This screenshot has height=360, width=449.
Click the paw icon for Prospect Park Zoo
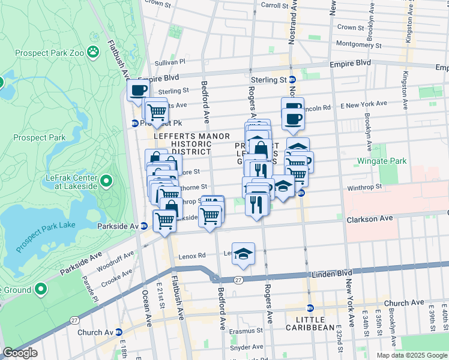pyautogui.click(x=93, y=52)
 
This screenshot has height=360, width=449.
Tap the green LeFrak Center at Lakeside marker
pyautogui.click(x=106, y=180)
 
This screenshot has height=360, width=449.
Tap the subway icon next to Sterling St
pyautogui.click(x=292, y=80)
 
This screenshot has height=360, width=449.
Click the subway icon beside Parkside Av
pyautogui.click(x=144, y=226)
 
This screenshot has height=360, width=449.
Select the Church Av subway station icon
pyautogui.click(x=118, y=332)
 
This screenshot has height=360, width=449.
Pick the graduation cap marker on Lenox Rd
pyautogui.click(x=243, y=254)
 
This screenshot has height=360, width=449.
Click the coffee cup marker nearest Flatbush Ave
pyautogui.click(x=138, y=91)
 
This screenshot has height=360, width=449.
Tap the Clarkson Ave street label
pyautogui.click(x=369, y=220)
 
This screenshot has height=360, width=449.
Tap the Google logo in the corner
pyautogui.click(x=20, y=353)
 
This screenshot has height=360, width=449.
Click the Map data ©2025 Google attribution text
pyautogui.click(x=412, y=355)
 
